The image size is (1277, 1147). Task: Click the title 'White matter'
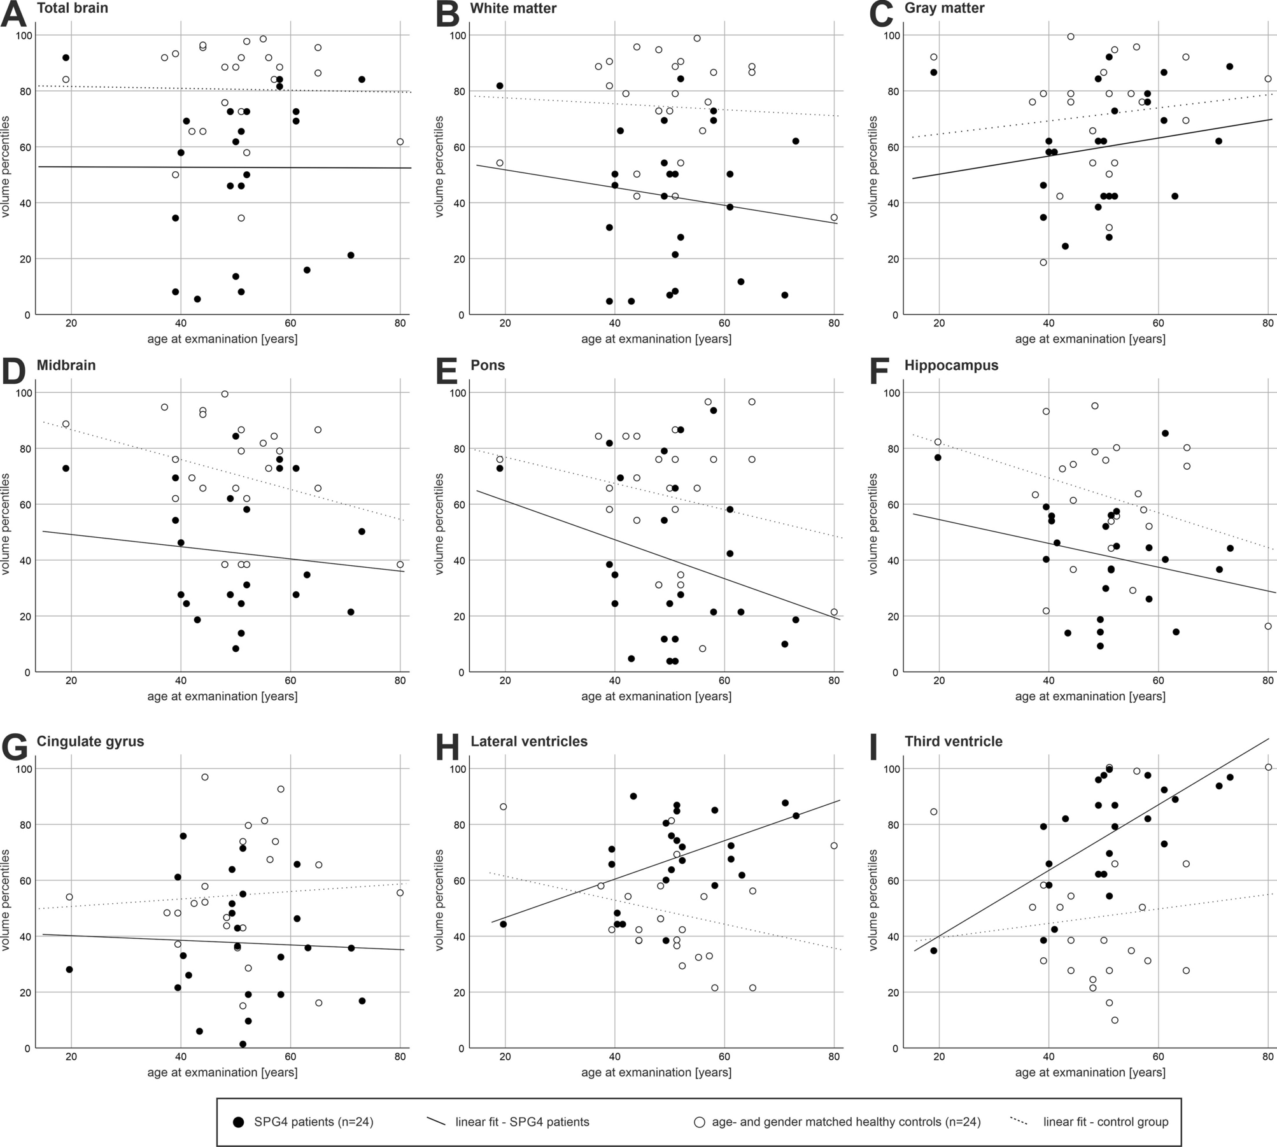[x=513, y=8]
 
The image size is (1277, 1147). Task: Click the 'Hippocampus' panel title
[x=951, y=365]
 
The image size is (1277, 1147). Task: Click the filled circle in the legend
[x=239, y=1122]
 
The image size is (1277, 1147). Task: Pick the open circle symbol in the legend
[x=699, y=1122]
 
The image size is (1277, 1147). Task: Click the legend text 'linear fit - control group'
[x=1106, y=1122]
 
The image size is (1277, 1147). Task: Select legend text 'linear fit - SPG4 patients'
[x=522, y=1122]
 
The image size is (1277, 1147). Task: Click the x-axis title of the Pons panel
[x=656, y=696]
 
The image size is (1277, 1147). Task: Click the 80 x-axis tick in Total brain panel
[x=400, y=323]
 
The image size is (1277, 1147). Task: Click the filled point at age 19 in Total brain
[x=66, y=58]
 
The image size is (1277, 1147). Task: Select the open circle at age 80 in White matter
[x=834, y=217]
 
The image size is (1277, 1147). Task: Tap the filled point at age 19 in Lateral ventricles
[x=503, y=924]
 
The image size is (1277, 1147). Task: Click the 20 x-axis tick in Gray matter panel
[x=939, y=323]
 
